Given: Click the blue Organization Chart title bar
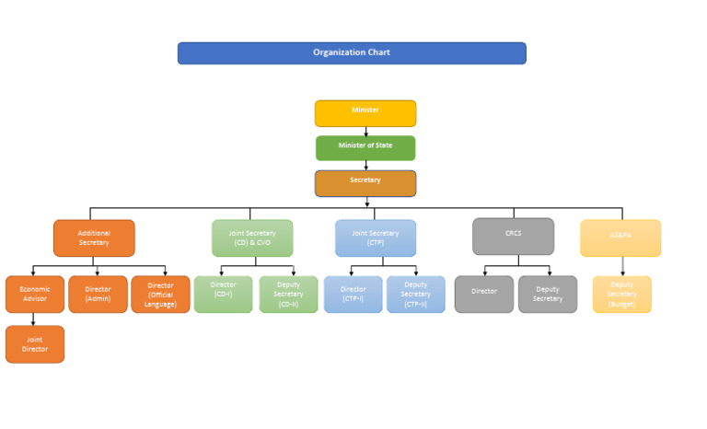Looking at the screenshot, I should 352,53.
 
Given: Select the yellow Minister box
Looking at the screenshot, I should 365,113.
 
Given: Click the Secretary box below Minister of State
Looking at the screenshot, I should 365,183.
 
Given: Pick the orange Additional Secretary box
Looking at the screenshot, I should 94,238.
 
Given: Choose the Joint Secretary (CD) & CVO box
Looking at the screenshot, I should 252,238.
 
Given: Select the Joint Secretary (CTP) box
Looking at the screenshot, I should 376,238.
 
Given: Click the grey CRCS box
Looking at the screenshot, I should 513,236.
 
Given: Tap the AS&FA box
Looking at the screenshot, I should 620,238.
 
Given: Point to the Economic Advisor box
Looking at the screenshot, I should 35,294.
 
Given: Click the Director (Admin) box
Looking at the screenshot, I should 98,294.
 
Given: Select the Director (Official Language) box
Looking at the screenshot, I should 160,294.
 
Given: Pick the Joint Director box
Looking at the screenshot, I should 35,344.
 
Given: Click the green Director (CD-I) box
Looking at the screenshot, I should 223,294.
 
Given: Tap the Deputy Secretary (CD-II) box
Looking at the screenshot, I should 288,294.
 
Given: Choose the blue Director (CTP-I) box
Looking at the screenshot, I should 353,294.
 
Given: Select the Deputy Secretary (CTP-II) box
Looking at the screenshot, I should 415,294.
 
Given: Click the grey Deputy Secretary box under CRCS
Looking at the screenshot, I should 548,294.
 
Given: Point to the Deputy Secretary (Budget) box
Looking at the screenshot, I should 621,294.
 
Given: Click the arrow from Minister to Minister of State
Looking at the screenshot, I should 365,132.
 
